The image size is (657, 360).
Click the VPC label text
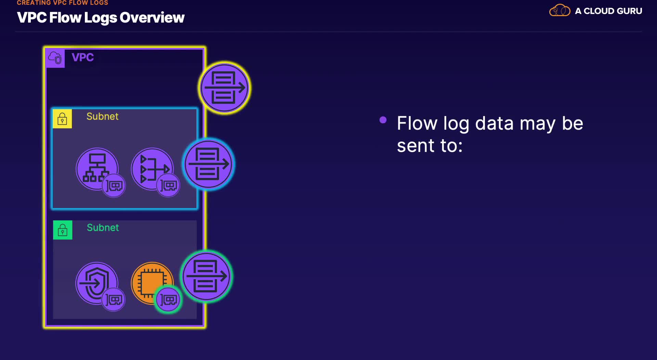[82, 57]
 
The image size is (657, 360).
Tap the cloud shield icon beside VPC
[55, 58]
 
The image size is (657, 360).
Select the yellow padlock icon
[62, 119]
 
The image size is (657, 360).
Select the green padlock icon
[63, 230]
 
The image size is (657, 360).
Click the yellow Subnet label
[102, 116]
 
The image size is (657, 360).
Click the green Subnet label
[103, 228]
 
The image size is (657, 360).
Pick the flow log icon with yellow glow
[224, 88]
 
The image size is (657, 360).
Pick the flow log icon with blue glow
[208, 164]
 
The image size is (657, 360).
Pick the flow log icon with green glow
[206, 276]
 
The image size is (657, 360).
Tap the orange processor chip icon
[152, 283]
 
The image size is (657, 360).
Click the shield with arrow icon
[96, 283]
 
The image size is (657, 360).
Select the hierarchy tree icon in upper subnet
[97, 169]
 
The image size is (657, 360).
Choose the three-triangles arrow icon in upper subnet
[152, 169]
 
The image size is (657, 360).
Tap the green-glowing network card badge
[168, 300]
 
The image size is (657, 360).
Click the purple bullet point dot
[383, 120]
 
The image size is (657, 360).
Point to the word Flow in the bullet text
[417, 123]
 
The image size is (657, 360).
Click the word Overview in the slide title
[152, 17]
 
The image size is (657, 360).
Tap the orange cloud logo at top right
[560, 10]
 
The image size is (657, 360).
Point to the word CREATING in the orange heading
[34, 3]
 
